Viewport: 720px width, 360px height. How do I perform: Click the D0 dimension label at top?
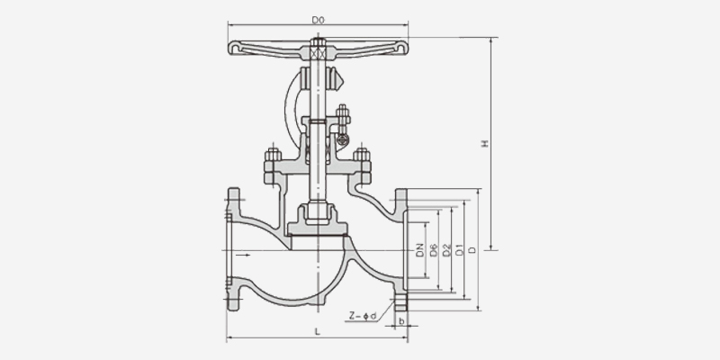point(319,20)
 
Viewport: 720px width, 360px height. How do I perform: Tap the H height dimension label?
point(484,144)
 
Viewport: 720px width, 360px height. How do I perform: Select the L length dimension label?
point(318,330)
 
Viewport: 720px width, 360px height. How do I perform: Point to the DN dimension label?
point(420,251)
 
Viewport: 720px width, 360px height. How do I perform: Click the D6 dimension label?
point(434,251)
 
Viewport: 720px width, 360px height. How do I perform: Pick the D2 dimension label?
point(446,251)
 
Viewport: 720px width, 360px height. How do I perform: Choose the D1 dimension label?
point(459,251)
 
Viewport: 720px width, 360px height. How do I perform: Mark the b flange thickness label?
point(401,321)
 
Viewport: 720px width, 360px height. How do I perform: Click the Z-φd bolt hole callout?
point(363,316)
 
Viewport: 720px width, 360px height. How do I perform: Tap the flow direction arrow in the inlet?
point(243,255)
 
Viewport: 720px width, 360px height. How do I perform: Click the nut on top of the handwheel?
point(318,42)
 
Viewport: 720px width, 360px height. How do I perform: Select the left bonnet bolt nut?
point(273,155)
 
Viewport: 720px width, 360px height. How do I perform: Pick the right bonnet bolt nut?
point(362,155)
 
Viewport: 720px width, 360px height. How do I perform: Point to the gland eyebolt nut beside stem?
point(343,112)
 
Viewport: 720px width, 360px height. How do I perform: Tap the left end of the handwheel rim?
point(234,48)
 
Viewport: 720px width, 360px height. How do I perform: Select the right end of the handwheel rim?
point(401,48)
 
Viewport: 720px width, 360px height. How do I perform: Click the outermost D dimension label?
point(472,250)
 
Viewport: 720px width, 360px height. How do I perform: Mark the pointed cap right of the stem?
point(337,78)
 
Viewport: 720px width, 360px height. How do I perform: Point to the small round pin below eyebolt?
point(343,139)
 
